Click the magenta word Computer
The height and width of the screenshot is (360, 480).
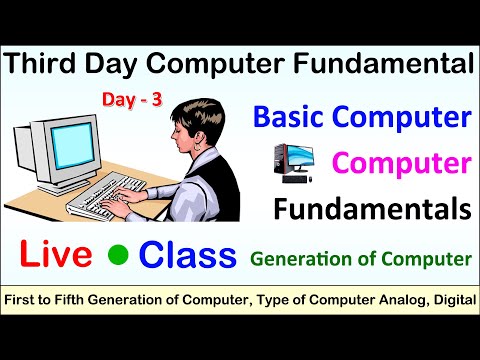(x=401, y=162)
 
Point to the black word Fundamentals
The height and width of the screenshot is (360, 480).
(x=373, y=208)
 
